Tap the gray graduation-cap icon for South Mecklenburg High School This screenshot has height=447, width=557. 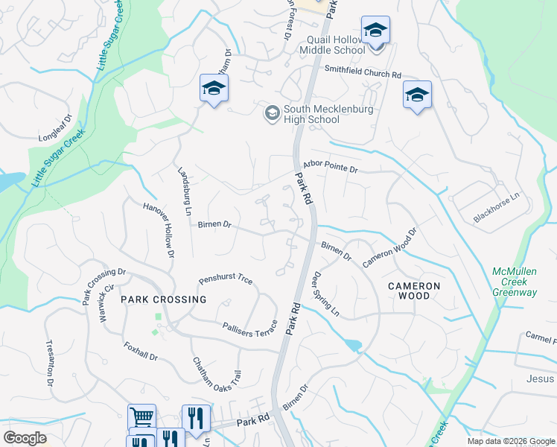coord(272,113)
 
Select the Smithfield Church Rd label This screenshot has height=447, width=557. coord(363,74)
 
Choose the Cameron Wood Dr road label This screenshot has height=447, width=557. coord(390,248)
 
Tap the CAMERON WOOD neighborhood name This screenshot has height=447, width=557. coord(414,291)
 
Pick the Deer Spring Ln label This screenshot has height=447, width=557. coord(325,294)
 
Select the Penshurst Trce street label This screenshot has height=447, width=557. coord(226,281)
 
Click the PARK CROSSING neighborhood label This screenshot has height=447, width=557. coord(163,299)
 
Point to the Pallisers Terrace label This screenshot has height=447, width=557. coord(249,328)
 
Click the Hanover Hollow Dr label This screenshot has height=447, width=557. coord(159,230)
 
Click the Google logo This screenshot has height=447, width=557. coord(25,438)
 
